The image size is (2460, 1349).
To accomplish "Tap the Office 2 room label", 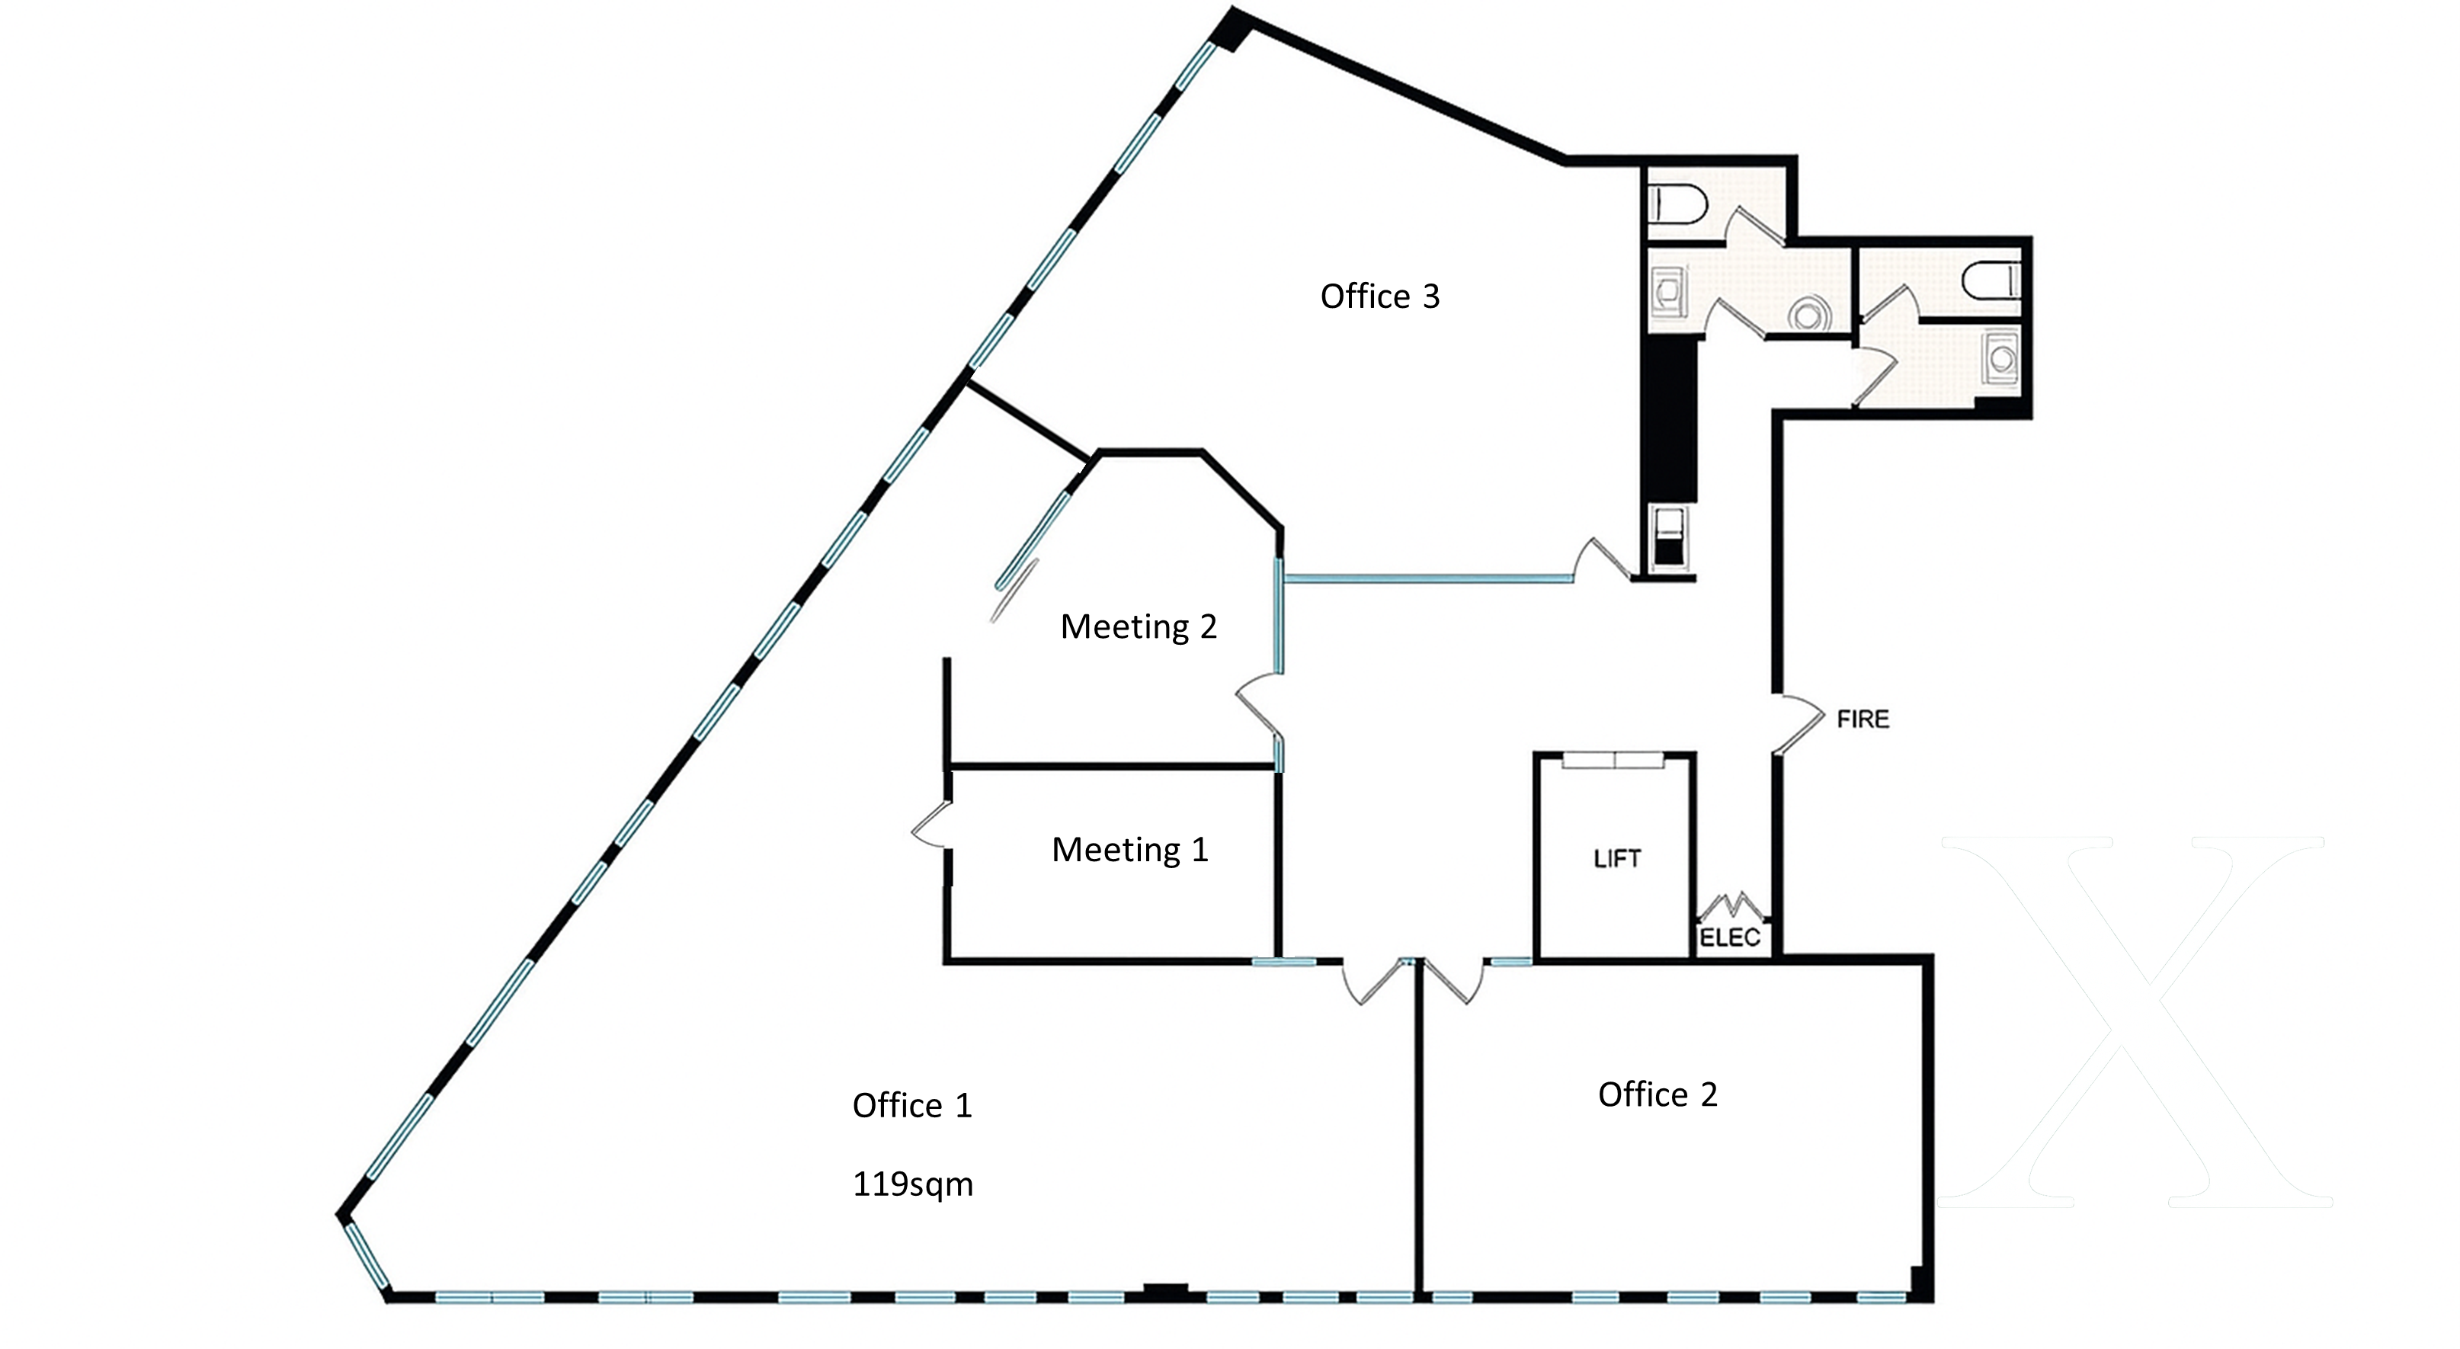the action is click(x=1658, y=1094).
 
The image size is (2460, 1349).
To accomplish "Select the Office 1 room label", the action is click(x=912, y=1105).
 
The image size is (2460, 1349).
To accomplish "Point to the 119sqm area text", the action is click(x=912, y=1184).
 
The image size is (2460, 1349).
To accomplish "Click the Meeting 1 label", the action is click(x=1129, y=849).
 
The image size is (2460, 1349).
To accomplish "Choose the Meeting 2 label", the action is click(x=1139, y=626).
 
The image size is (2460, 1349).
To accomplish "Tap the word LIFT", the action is click(x=1617, y=859).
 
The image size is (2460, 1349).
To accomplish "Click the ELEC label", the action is click(x=1729, y=937).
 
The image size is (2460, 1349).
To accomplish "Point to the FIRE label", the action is click(x=1863, y=719).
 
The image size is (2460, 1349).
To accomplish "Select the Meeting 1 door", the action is click(x=931, y=824).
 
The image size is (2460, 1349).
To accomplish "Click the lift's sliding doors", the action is click(x=1614, y=761).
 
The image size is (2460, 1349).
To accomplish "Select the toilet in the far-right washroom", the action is click(x=1992, y=280).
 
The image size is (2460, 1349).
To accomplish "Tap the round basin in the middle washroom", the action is click(x=1808, y=313).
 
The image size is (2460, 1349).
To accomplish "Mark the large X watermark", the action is click(x=2135, y=1021).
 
